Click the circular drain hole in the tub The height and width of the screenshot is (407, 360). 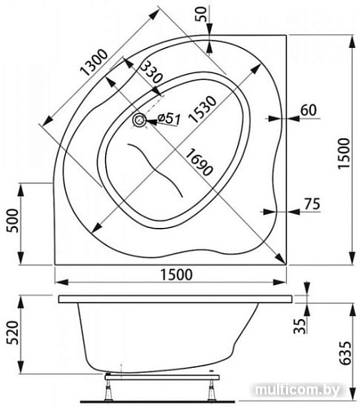tap(141, 120)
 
